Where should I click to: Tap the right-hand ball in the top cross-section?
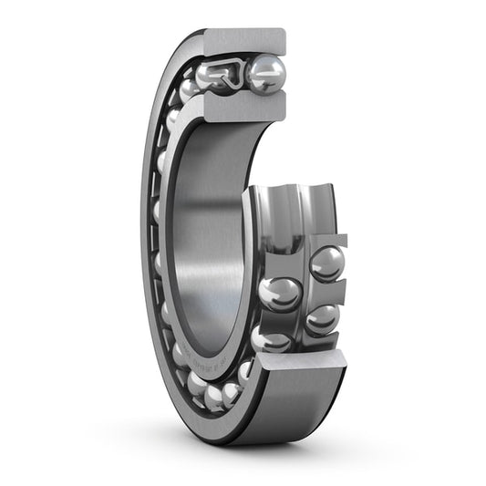click(265, 74)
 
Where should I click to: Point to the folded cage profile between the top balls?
click(235, 71)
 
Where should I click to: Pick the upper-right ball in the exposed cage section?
click(326, 264)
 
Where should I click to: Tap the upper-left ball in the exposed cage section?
click(280, 294)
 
